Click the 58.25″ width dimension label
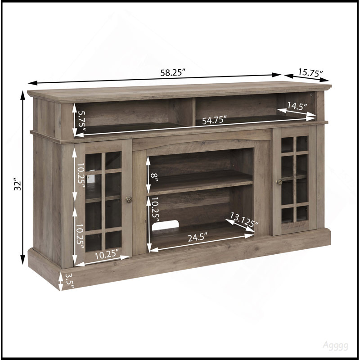tap(173, 72)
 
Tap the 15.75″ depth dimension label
tap(310, 72)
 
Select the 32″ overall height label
tap(18, 184)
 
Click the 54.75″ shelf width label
tap(215, 120)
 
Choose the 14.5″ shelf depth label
tap(297, 106)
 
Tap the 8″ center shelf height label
tap(154, 177)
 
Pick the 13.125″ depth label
tap(244, 220)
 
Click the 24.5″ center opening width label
tap(198, 237)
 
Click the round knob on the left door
tap(129, 199)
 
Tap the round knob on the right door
tap(279, 182)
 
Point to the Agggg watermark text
tap(335, 346)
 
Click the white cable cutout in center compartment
tap(165, 225)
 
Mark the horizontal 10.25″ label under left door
tap(107, 254)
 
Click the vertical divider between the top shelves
tap(194, 111)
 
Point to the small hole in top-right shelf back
tap(311, 94)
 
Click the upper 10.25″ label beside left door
tap(81, 173)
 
